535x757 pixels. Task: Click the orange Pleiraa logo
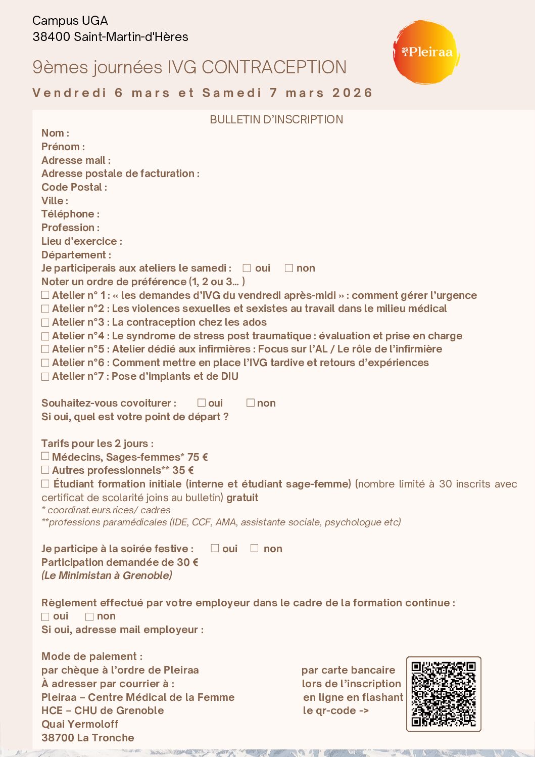point(426,52)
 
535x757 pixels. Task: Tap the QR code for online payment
point(444,694)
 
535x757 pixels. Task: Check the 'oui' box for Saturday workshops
point(247,269)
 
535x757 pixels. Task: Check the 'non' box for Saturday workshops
point(289,269)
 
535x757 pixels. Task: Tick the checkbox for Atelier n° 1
point(45,295)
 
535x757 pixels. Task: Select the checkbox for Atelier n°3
point(45,323)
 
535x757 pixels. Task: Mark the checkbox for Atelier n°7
point(45,377)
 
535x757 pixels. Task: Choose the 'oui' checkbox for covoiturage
point(202,403)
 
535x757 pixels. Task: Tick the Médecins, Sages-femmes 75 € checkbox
point(45,457)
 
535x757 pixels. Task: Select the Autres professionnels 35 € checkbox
point(45,470)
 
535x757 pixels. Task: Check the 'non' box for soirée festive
point(255,549)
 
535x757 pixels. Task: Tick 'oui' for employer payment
point(45,617)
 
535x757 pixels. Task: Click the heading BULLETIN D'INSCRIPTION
point(276,120)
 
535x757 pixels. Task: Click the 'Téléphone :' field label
point(70,214)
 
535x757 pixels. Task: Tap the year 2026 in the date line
point(352,93)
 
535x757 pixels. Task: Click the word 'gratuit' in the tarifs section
point(242,498)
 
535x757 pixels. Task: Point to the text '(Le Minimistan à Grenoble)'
point(107,575)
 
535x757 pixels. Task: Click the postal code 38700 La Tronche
point(88,738)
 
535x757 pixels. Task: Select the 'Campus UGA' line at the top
point(70,21)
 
